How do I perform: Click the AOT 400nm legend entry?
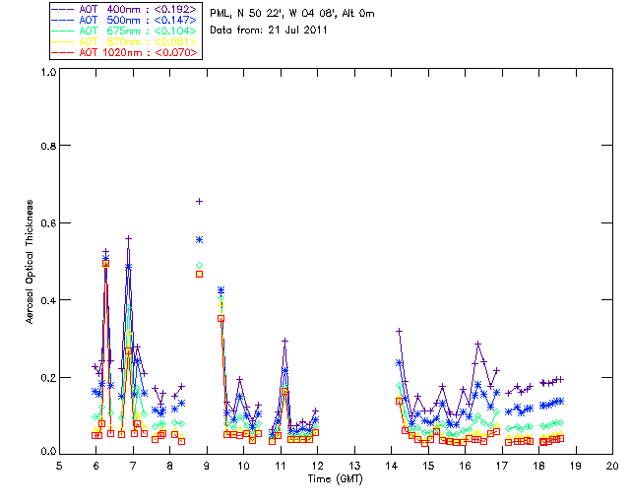click(x=127, y=9)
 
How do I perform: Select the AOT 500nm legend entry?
click(x=127, y=20)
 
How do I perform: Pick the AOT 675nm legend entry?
click(x=127, y=31)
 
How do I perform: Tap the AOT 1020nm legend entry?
click(x=127, y=52)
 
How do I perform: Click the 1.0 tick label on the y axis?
click(x=47, y=72)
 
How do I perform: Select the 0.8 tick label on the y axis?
click(x=47, y=146)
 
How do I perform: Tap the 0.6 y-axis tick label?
click(x=47, y=222)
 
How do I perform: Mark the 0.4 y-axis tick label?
click(x=47, y=299)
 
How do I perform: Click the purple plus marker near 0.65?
click(x=199, y=201)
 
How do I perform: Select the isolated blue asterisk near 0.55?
click(x=199, y=239)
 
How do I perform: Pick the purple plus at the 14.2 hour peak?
click(x=399, y=331)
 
